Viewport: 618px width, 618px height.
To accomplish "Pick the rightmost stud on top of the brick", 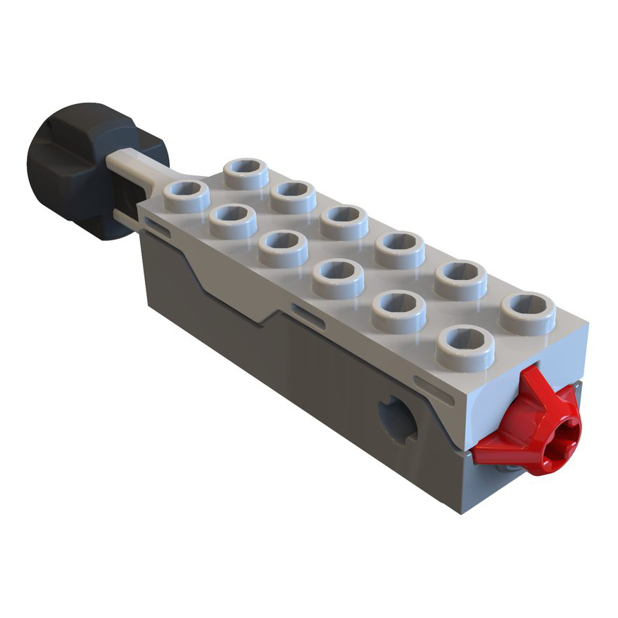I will click(x=527, y=312).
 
